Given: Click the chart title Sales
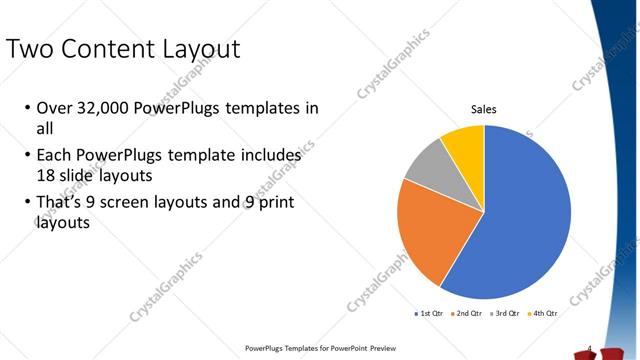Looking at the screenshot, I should [484, 110].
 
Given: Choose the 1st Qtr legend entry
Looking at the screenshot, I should [430, 313].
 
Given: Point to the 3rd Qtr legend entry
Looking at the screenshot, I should [505, 313].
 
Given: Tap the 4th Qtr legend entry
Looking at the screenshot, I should [543, 313].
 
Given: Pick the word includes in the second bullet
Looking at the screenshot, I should [268, 157].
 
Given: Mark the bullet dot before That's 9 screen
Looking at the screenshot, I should [25, 205].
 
